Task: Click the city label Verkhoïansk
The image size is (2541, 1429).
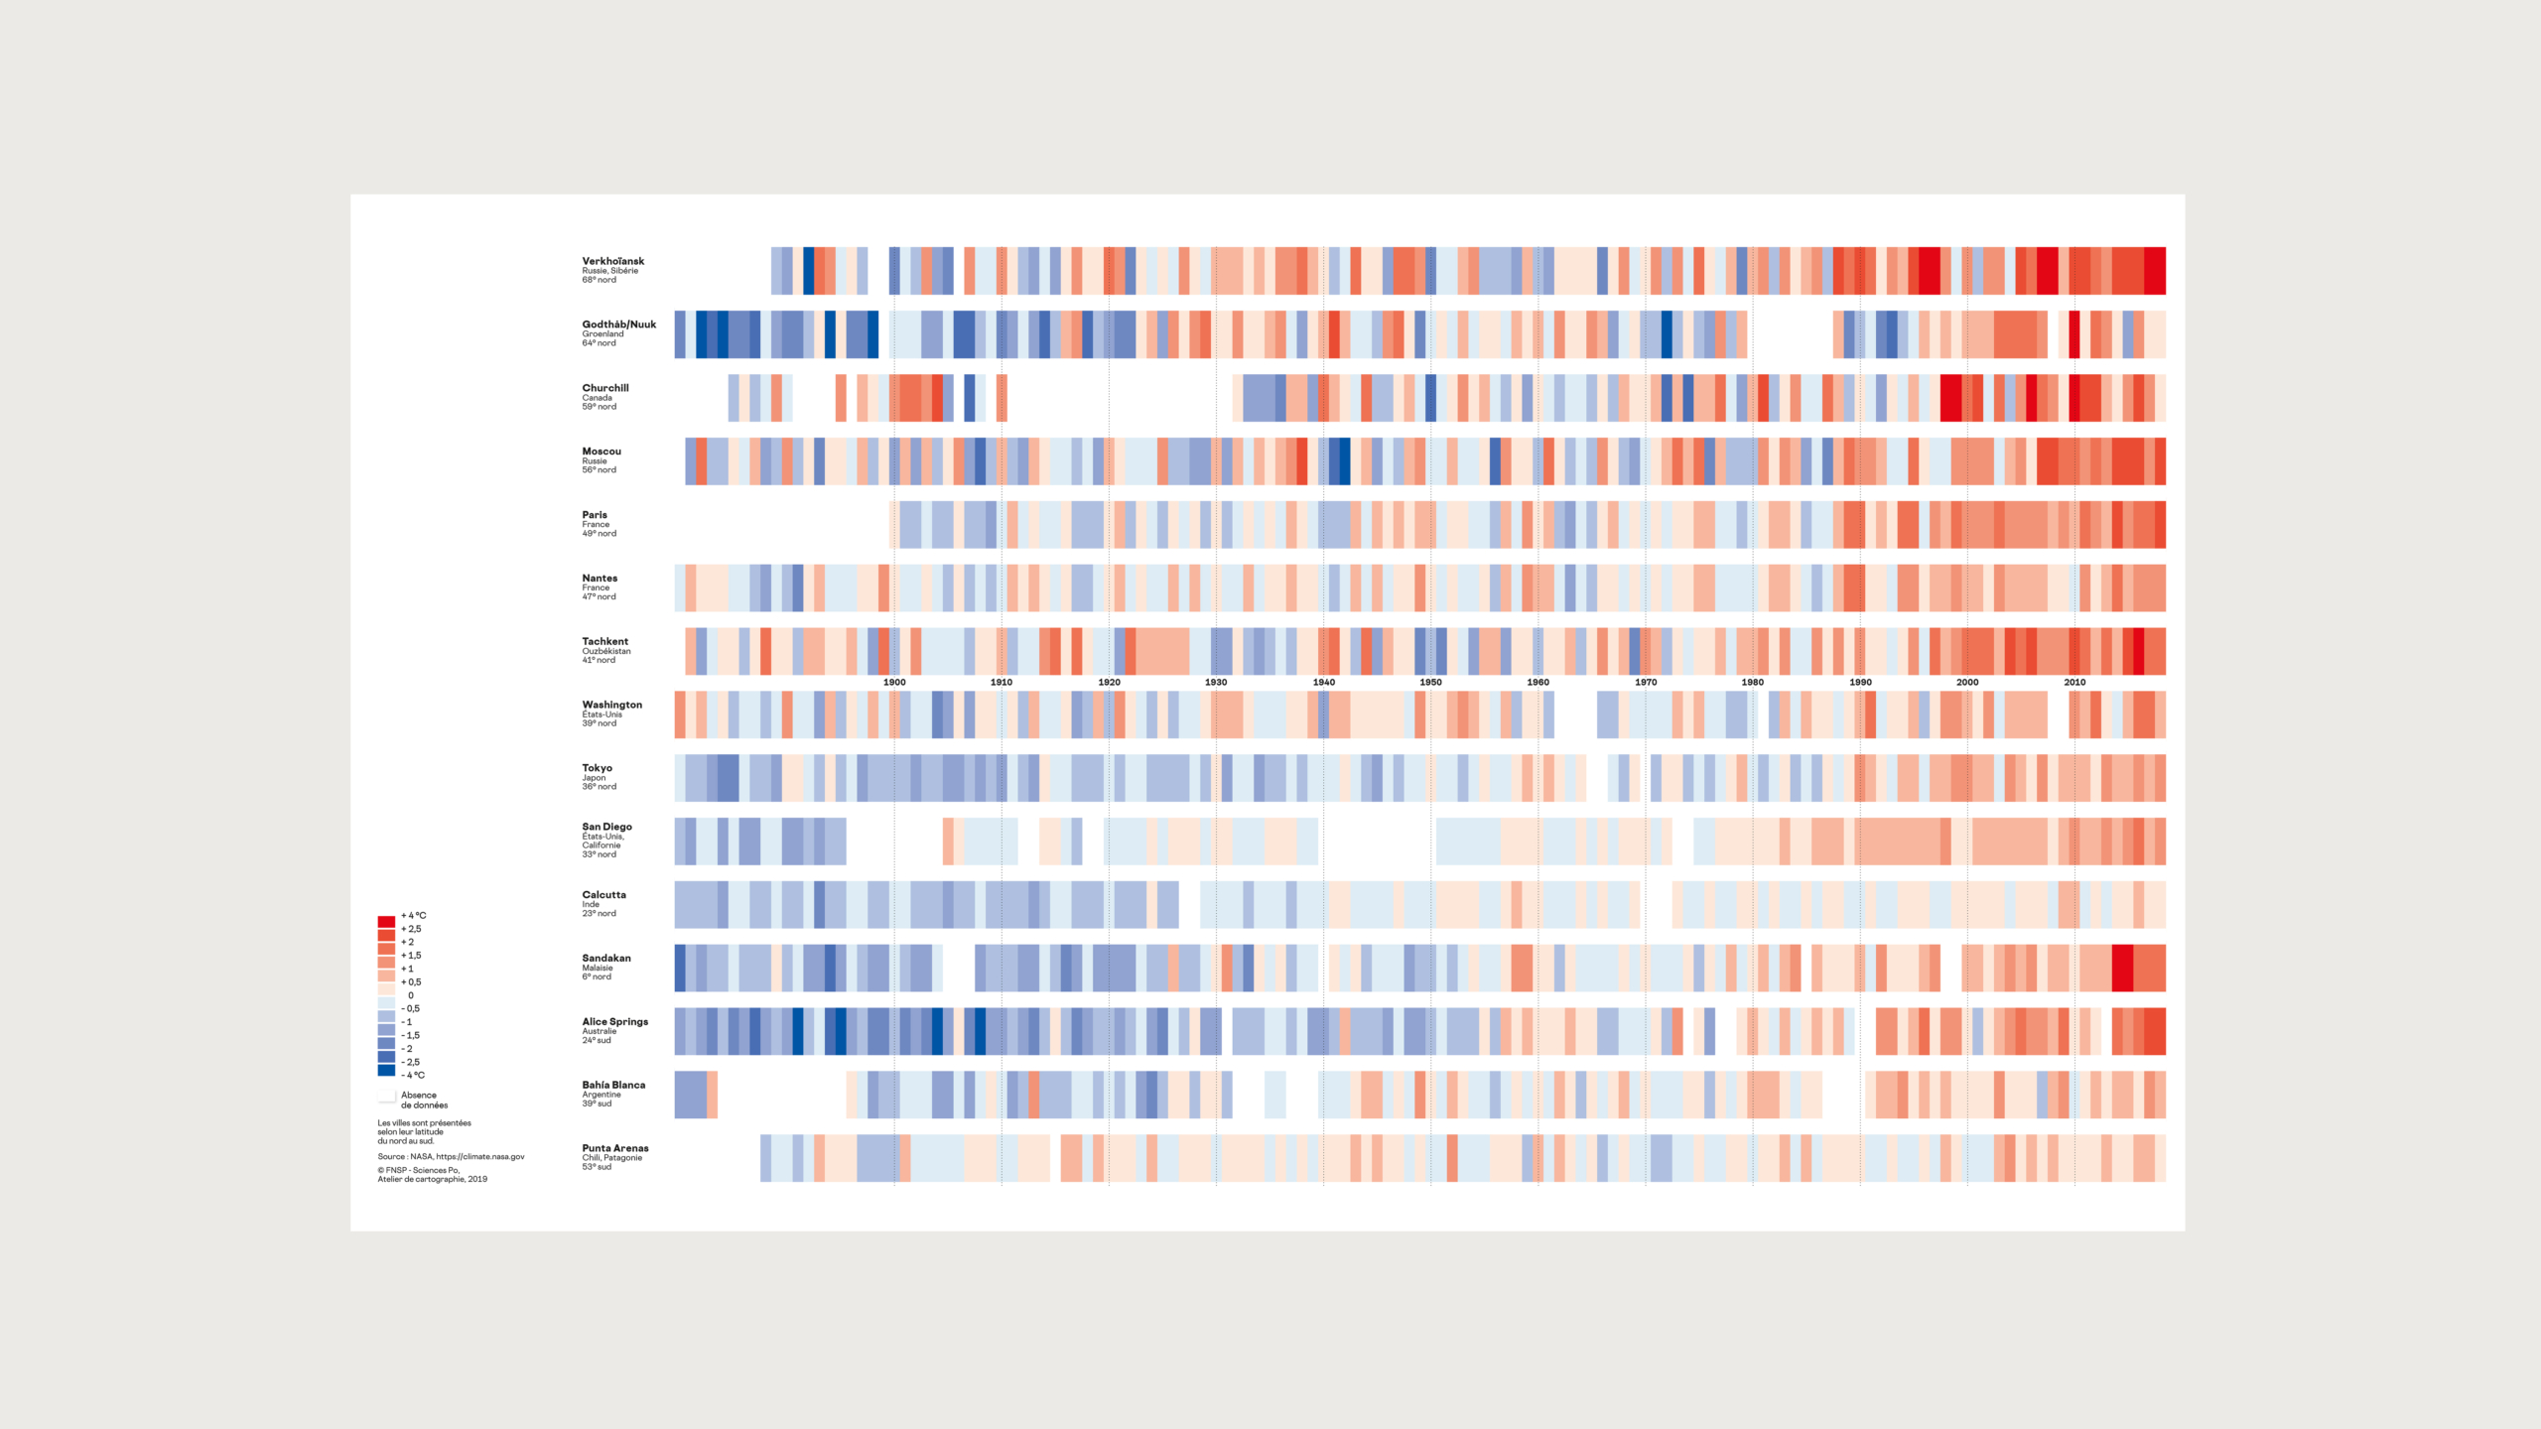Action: pyautogui.click(x=612, y=261)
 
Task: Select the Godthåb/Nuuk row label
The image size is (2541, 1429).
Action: pyautogui.click(x=618, y=325)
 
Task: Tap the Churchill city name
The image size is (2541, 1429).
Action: pyautogui.click(x=604, y=388)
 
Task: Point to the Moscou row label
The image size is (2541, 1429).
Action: pyautogui.click(x=601, y=452)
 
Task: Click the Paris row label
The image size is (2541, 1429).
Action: pyautogui.click(x=594, y=515)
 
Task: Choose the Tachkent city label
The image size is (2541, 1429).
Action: pyautogui.click(x=604, y=641)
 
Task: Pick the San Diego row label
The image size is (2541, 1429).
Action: pyautogui.click(x=606, y=827)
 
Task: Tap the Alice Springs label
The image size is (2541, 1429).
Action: pyautogui.click(x=614, y=1021)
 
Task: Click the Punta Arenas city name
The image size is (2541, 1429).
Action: pyautogui.click(x=614, y=1148)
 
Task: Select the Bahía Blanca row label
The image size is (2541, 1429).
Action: pyautogui.click(x=612, y=1085)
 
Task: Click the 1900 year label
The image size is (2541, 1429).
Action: pyautogui.click(x=893, y=682)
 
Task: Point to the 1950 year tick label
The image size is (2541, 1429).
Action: pyautogui.click(x=1430, y=682)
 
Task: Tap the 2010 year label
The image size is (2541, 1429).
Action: pyautogui.click(x=2074, y=682)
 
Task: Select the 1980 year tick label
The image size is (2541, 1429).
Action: pyautogui.click(x=1752, y=682)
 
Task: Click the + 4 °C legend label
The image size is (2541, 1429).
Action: pyautogui.click(x=413, y=916)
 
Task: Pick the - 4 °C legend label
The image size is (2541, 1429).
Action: pyautogui.click(x=413, y=1075)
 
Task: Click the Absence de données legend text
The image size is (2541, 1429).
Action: pyautogui.click(x=424, y=1100)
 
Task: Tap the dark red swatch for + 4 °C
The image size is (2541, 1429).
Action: pyautogui.click(x=386, y=922)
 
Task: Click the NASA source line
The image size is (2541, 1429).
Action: pyautogui.click(x=451, y=1156)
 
